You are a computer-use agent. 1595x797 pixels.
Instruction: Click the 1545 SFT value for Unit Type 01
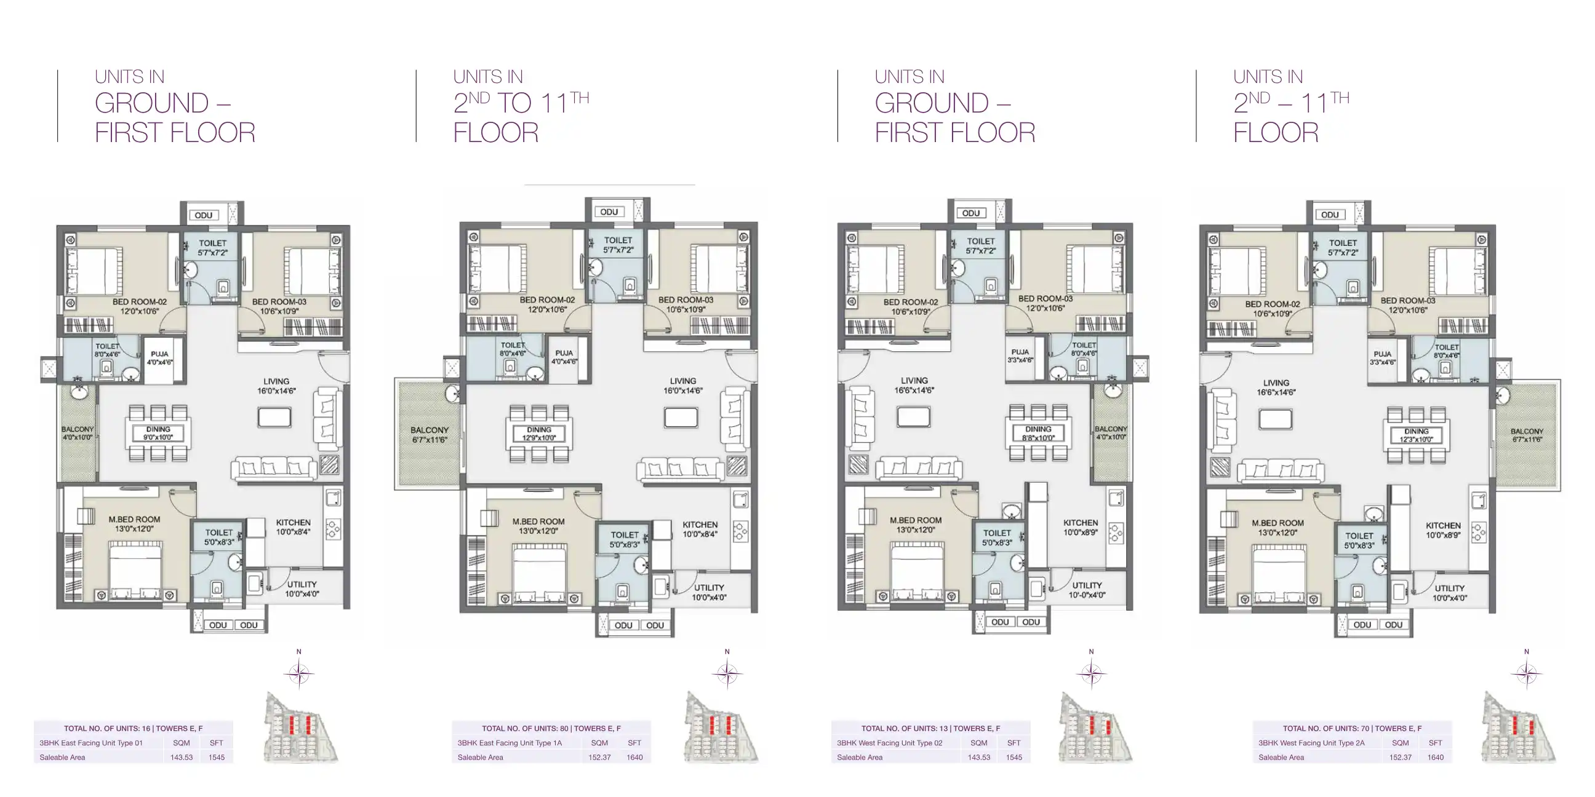click(217, 757)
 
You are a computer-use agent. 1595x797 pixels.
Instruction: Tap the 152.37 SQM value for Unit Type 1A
click(599, 757)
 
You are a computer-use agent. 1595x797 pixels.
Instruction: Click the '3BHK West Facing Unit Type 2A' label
click(1311, 742)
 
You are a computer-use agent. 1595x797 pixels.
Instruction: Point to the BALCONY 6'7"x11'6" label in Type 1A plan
click(429, 434)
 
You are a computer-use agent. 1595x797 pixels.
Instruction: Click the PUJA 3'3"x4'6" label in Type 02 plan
click(1020, 355)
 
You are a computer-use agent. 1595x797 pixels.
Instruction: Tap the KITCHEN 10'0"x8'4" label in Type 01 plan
click(293, 526)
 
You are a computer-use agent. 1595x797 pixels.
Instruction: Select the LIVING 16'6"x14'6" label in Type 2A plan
click(1276, 387)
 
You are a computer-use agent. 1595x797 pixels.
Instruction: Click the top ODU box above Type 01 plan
click(204, 215)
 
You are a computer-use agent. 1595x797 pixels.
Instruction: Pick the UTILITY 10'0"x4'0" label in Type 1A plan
click(709, 592)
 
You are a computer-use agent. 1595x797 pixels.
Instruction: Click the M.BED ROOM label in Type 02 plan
click(915, 525)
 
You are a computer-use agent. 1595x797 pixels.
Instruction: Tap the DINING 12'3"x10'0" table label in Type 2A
click(1416, 435)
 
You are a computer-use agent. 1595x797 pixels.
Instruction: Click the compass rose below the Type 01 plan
click(299, 674)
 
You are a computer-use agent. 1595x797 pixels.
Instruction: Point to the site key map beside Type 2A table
click(1517, 728)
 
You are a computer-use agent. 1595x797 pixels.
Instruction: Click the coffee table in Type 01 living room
click(274, 417)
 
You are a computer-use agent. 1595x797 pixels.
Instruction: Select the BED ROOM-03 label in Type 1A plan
click(686, 304)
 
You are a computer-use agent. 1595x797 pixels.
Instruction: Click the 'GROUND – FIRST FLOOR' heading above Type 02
click(954, 117)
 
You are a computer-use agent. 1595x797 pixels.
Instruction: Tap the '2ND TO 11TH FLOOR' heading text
click(521, 117)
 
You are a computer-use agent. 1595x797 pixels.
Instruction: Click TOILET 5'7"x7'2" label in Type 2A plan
click(1342, 247)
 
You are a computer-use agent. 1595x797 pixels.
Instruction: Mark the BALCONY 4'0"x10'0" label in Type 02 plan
click(1111, 432)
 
